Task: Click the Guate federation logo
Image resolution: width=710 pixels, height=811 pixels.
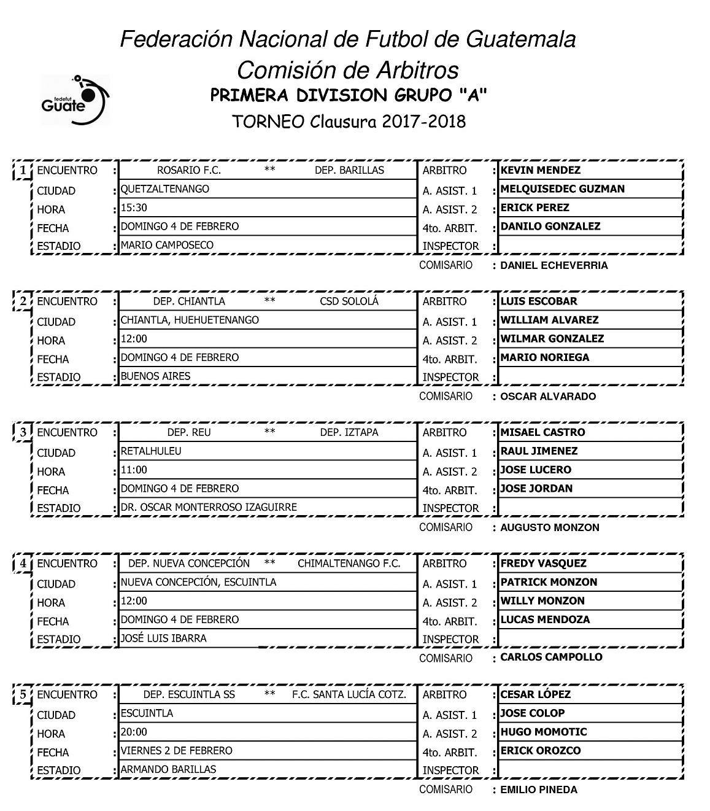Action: [75, 99]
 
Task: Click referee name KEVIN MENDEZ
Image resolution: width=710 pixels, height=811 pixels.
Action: [540, 170]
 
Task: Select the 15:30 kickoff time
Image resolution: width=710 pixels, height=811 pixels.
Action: [134, 208]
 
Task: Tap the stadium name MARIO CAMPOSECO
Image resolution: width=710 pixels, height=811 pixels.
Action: [167, 245]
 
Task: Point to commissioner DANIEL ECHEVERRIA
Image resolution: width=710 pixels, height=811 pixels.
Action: [554, 265]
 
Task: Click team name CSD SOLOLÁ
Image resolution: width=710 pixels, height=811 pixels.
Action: [349, 301]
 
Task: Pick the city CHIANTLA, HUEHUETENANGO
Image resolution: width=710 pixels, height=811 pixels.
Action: [190, 320]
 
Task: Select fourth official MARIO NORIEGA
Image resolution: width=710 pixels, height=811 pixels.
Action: [544, 357]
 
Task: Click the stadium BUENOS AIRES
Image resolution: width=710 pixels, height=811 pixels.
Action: [155, 376]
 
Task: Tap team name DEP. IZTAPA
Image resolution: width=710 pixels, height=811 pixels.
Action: [349, 432]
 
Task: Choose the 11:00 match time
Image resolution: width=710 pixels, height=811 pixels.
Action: [134, 470]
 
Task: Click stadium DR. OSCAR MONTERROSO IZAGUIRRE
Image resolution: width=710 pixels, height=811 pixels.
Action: [209, 507]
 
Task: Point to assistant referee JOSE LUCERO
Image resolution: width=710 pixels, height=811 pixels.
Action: [536, 470]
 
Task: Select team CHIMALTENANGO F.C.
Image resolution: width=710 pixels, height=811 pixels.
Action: [349, 564]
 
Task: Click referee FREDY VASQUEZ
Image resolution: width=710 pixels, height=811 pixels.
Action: [543, 563]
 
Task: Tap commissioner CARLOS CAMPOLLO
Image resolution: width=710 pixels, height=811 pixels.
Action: [551, 657]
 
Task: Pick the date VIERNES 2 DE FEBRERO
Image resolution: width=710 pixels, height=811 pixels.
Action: [176, 750]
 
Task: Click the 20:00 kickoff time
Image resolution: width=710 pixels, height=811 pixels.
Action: [134, 732]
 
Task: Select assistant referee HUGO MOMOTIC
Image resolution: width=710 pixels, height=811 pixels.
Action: [543, 732]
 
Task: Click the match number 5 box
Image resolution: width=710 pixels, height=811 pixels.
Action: [23, 694]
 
